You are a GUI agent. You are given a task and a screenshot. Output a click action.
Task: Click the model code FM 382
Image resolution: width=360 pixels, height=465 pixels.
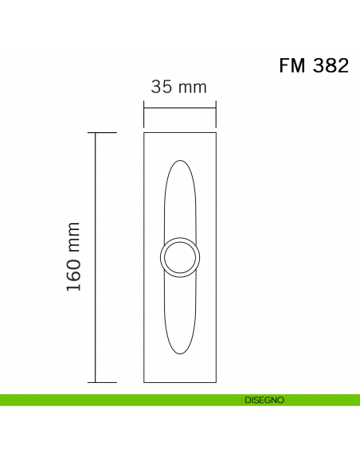(313, 66)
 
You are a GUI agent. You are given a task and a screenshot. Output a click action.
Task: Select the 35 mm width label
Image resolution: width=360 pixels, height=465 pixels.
(179, 88)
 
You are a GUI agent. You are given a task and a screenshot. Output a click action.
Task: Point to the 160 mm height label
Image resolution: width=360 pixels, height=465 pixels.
(74, 256)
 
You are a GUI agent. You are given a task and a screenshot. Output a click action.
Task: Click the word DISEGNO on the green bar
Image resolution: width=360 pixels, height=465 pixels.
(265, 400)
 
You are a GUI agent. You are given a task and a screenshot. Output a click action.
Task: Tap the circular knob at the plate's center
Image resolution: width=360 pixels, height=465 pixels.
(180, 257)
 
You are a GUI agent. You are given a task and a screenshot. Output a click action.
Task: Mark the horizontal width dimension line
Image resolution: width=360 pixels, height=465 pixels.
(180, 107)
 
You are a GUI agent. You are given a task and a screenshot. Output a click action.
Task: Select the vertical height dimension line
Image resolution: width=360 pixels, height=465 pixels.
(96, 257)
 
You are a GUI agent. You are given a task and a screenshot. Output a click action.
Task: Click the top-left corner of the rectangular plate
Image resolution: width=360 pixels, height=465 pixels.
(144, 132)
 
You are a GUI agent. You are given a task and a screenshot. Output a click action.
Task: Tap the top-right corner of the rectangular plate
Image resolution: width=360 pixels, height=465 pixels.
(217, 132)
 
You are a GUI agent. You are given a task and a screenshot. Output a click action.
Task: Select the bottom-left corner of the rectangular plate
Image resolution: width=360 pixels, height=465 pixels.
(144, 382)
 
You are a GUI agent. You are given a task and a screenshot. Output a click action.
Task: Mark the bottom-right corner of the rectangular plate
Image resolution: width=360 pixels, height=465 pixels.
(217, 382)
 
